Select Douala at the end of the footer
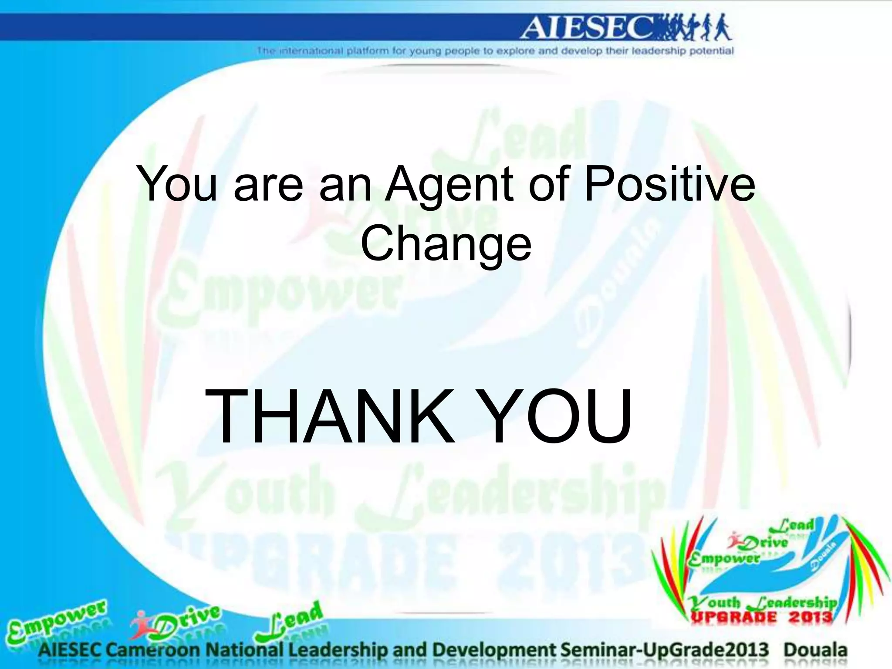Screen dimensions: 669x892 click(815, 650)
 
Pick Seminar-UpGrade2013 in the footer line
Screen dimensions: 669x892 click(665, 650)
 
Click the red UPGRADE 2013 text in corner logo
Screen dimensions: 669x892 click(761, 617)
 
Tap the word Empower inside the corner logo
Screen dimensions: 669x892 click(723, 559)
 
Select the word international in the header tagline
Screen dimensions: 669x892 click(310, 51)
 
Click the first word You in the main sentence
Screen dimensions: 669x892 click(176, 185)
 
